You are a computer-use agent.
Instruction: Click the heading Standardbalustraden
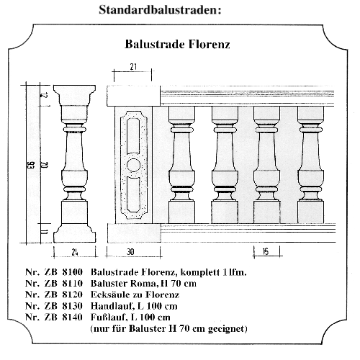pyautogui.click(x=160, y=10)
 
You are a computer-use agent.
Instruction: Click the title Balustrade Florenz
pyautogui.click(x=177, y=44)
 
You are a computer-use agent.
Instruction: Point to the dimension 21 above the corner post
pyautogui.click(x=133, y=67)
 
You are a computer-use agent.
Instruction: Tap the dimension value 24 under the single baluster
pyautogui.click(x=75, y=252)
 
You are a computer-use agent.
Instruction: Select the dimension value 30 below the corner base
pyautogui.click(x=130, y=252)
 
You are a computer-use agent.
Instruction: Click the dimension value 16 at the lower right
pyautogui.click(x=265, y=252)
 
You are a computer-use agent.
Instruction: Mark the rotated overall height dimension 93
pyautogui.click(x=32, y=166)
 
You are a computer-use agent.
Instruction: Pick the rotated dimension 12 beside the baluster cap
pyautogui.click(x=45, y=95)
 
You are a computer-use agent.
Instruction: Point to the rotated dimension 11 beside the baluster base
pyautogui.click(x=45, y=232)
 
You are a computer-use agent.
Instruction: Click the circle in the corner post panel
pyautogui.click(x=133, y=165)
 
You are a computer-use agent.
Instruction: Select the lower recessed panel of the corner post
pyautogui.click(x=133, y=194)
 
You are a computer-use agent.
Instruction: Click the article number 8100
pyautogui.click(x=72, y=272)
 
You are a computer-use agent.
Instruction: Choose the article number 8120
pyautogui.click(x=72, y=294)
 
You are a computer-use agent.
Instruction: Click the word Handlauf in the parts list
pyautogui.click(x=110, y=306)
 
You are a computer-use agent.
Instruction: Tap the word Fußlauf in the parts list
pyautogui.click(x=108, y=318)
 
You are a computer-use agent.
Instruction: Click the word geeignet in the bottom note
pyautogui.click(x=228, y=329)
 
